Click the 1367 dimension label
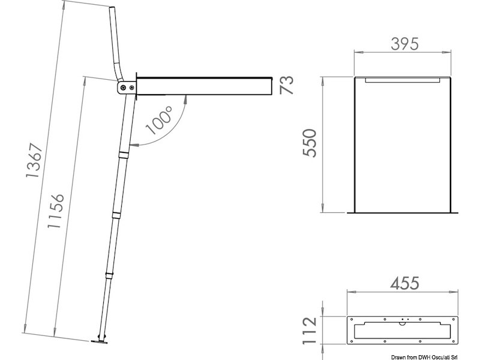click(x=34, y=160)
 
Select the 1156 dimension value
click(x=56, y=211)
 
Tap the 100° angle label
click(x=159, y=120)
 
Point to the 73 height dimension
click(x=287, y=85)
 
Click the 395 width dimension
click(x=404, y=44)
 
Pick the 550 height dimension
click(x=309, y=143)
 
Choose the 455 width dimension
click(x=404, y=283)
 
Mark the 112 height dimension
click(x=310, y=331)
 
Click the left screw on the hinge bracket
click(x=123, y=88)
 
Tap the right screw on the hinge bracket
click(x=131, y=88)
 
